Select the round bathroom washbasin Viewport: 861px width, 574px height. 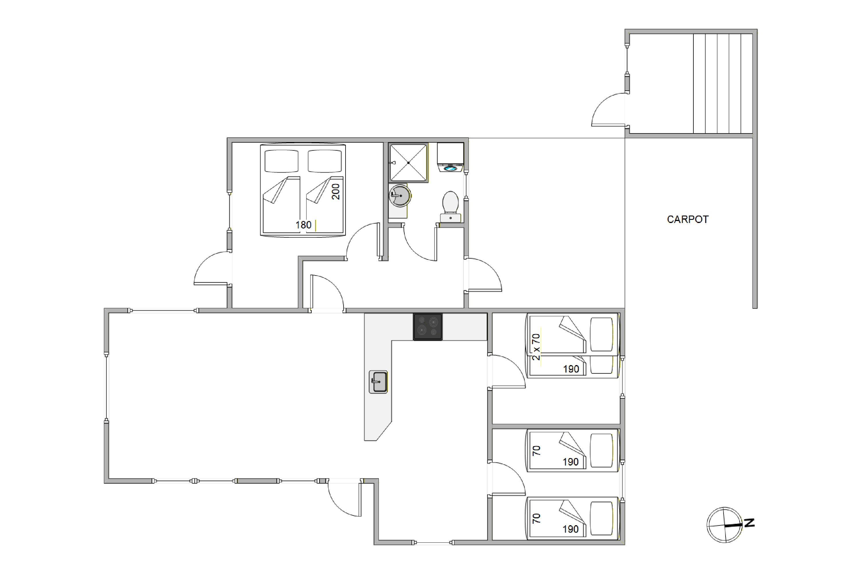click(x=400, y=195)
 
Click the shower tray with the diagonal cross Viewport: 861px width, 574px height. click(x=408, y=162)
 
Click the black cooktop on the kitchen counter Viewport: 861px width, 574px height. click(x=428, y=327)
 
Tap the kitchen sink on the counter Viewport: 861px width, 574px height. click(x=378, y=382)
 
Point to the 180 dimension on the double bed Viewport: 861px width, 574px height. click(x=303, y=225)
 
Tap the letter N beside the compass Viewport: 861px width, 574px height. click(x=749, y=523)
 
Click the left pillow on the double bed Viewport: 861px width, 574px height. click(x=282, y=161)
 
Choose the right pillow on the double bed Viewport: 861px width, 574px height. click(x=325, y=161)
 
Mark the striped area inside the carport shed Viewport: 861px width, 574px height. click(x=723, y=84)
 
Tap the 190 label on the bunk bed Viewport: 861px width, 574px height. click(x=571, y=369)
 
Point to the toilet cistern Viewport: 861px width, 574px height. click(x=450, y=218)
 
